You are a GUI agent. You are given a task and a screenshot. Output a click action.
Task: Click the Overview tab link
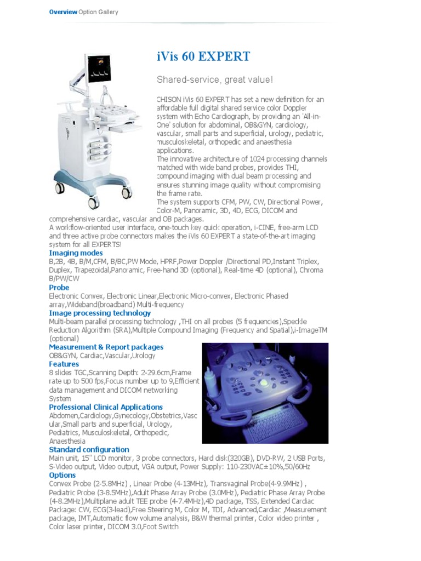[x=63, y=12]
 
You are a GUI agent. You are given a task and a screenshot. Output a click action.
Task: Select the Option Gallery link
[x=98, y=12]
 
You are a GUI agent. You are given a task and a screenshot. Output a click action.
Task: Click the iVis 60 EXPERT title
[x=203, y=56]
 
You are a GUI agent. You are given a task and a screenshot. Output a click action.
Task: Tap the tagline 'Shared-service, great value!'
[x=214, y=80]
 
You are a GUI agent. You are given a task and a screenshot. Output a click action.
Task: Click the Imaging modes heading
[x=76, y=254]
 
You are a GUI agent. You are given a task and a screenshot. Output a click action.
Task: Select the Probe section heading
[x=59, y=288]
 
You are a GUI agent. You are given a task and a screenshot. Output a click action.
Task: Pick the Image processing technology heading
[x=100, y=313]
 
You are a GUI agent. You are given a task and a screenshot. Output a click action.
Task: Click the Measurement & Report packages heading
[x=106, y=347]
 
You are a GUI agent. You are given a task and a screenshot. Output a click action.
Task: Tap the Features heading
[x=64, y=364]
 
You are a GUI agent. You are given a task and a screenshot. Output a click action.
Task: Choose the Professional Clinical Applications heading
[x=106, y=407]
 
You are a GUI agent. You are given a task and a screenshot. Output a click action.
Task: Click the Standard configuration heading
[x=89, y=450]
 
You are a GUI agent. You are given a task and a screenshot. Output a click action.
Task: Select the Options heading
[x=62, y=476]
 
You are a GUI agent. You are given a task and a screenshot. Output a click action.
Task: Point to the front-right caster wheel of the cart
[x=127, y=193]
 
